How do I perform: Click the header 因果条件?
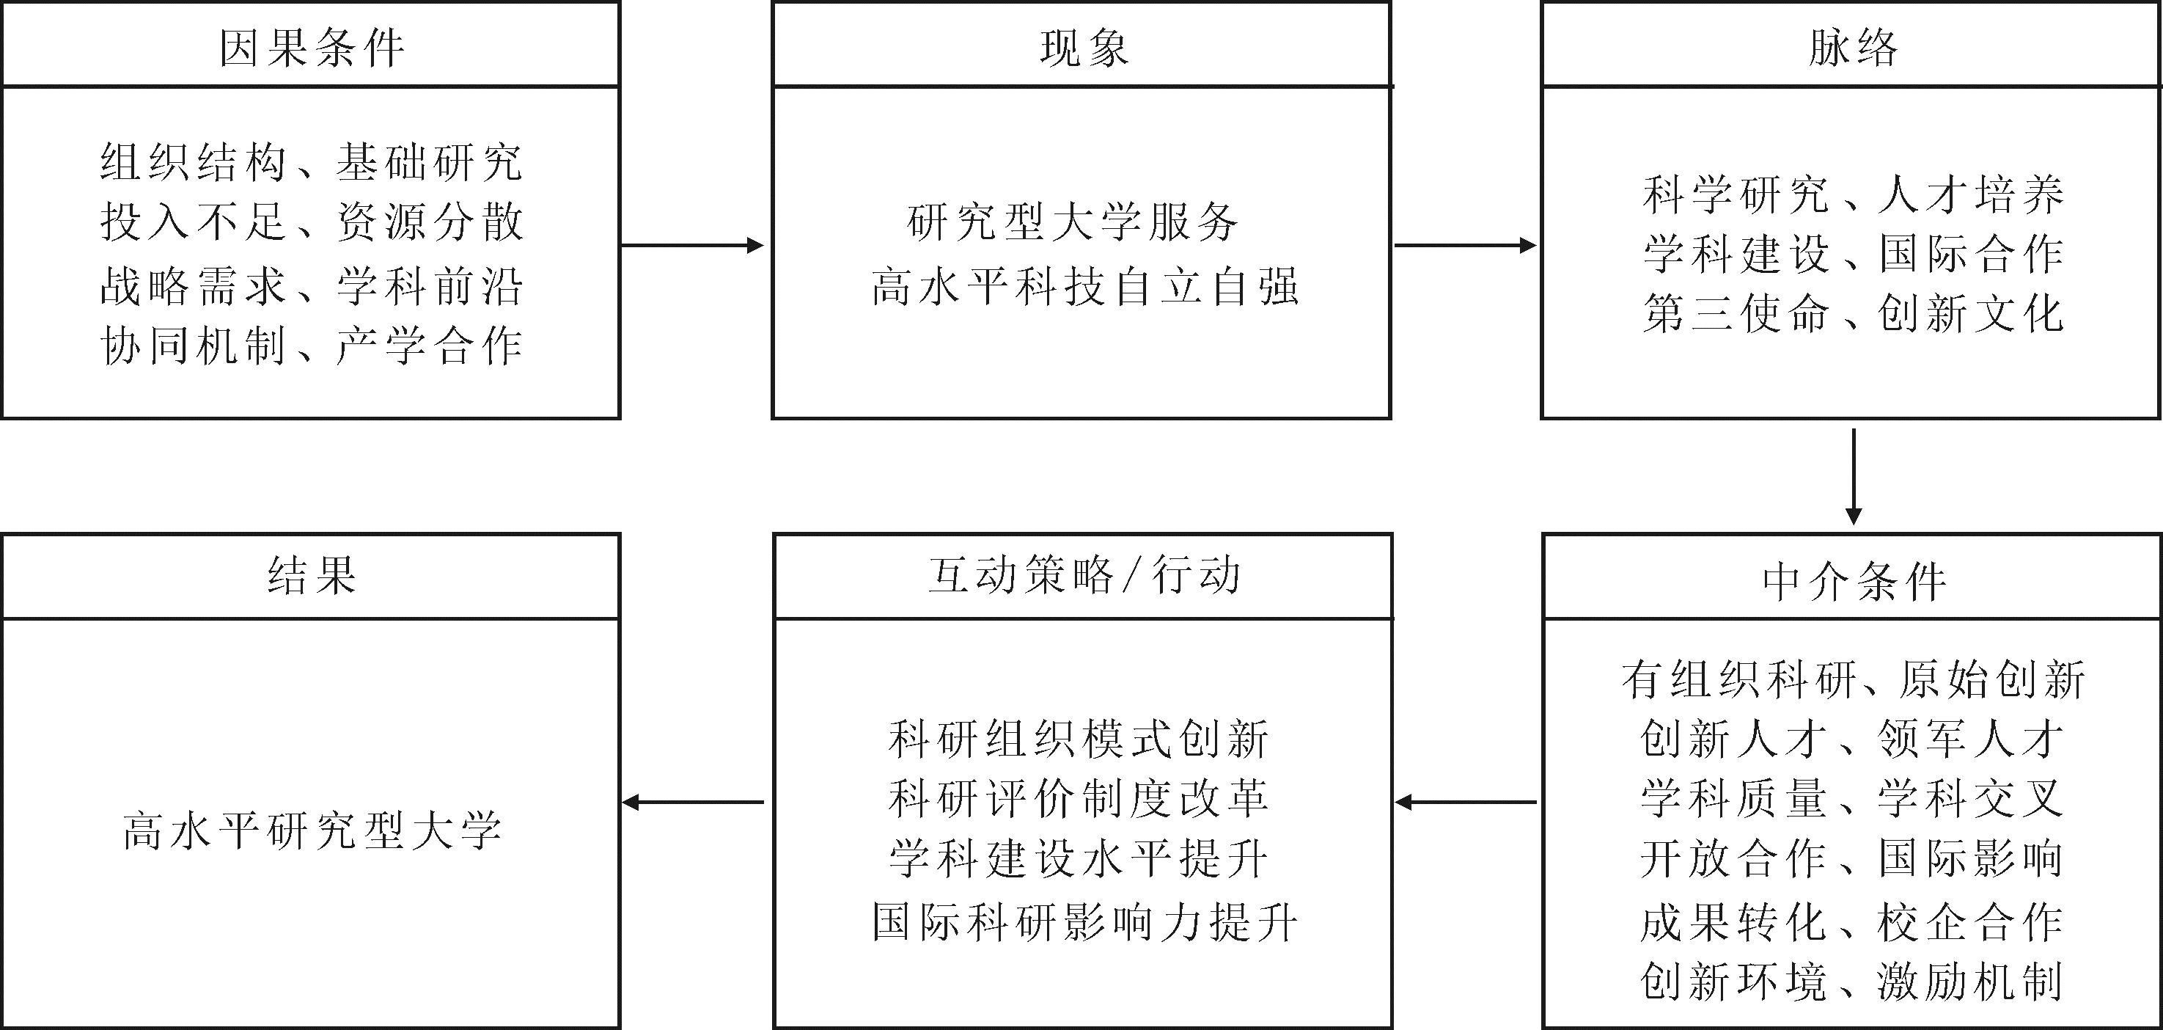pos(312,48)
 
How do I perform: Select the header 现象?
pos(1083,48)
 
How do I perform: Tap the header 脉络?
pos(1853,48)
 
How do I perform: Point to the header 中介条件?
pos(1853,581)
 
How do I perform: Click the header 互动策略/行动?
pos(1083,577)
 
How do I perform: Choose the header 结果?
pos(312,577)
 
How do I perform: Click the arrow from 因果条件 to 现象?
pos(693,245)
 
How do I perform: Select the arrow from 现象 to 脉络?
pos(1465,245)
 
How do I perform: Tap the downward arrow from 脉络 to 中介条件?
pos(1853,477)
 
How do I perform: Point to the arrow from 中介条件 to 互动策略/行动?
pos(1465,803)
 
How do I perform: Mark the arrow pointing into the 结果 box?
pos(693,803)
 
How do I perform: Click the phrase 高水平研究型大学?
pos(312,832)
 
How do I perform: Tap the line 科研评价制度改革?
pos(1078,799)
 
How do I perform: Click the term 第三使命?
pos(1736,314)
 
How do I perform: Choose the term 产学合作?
pos(430,346)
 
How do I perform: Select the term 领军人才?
pos(1970,739)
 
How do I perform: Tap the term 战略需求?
pos(193,287)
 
